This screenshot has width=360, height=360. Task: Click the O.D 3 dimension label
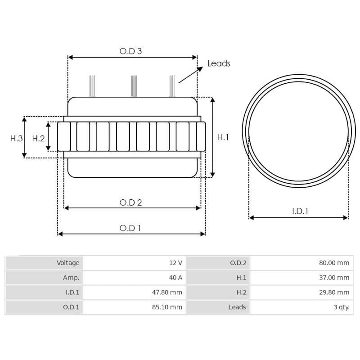[x=130, y=51]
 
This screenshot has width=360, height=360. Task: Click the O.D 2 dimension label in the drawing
[x=130, y=202]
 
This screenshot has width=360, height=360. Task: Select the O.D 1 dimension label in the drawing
[x=130, y=228]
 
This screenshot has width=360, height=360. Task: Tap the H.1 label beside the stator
[x=223, y=137]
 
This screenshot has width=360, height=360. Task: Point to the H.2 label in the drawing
[x=38, y=138]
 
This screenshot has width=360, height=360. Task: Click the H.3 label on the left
[x=16, y=138]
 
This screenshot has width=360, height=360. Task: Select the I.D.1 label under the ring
[x=300, y=211]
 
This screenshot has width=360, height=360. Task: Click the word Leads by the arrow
[x=219, y=63]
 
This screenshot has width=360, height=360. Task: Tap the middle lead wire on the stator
[x=134, y=86]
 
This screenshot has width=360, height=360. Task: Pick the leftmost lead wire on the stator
[x=92, y=86]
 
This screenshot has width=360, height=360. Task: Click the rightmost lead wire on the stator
[x=172, y=86]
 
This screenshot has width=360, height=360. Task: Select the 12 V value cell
[x=175, y=263]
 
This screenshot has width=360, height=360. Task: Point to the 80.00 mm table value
[x=334, y=263]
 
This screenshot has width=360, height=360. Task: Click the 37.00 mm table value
[x=334, y=278]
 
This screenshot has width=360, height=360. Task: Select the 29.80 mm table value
[x=334, y=292]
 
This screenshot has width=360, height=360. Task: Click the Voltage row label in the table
[x=67, y=263]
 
